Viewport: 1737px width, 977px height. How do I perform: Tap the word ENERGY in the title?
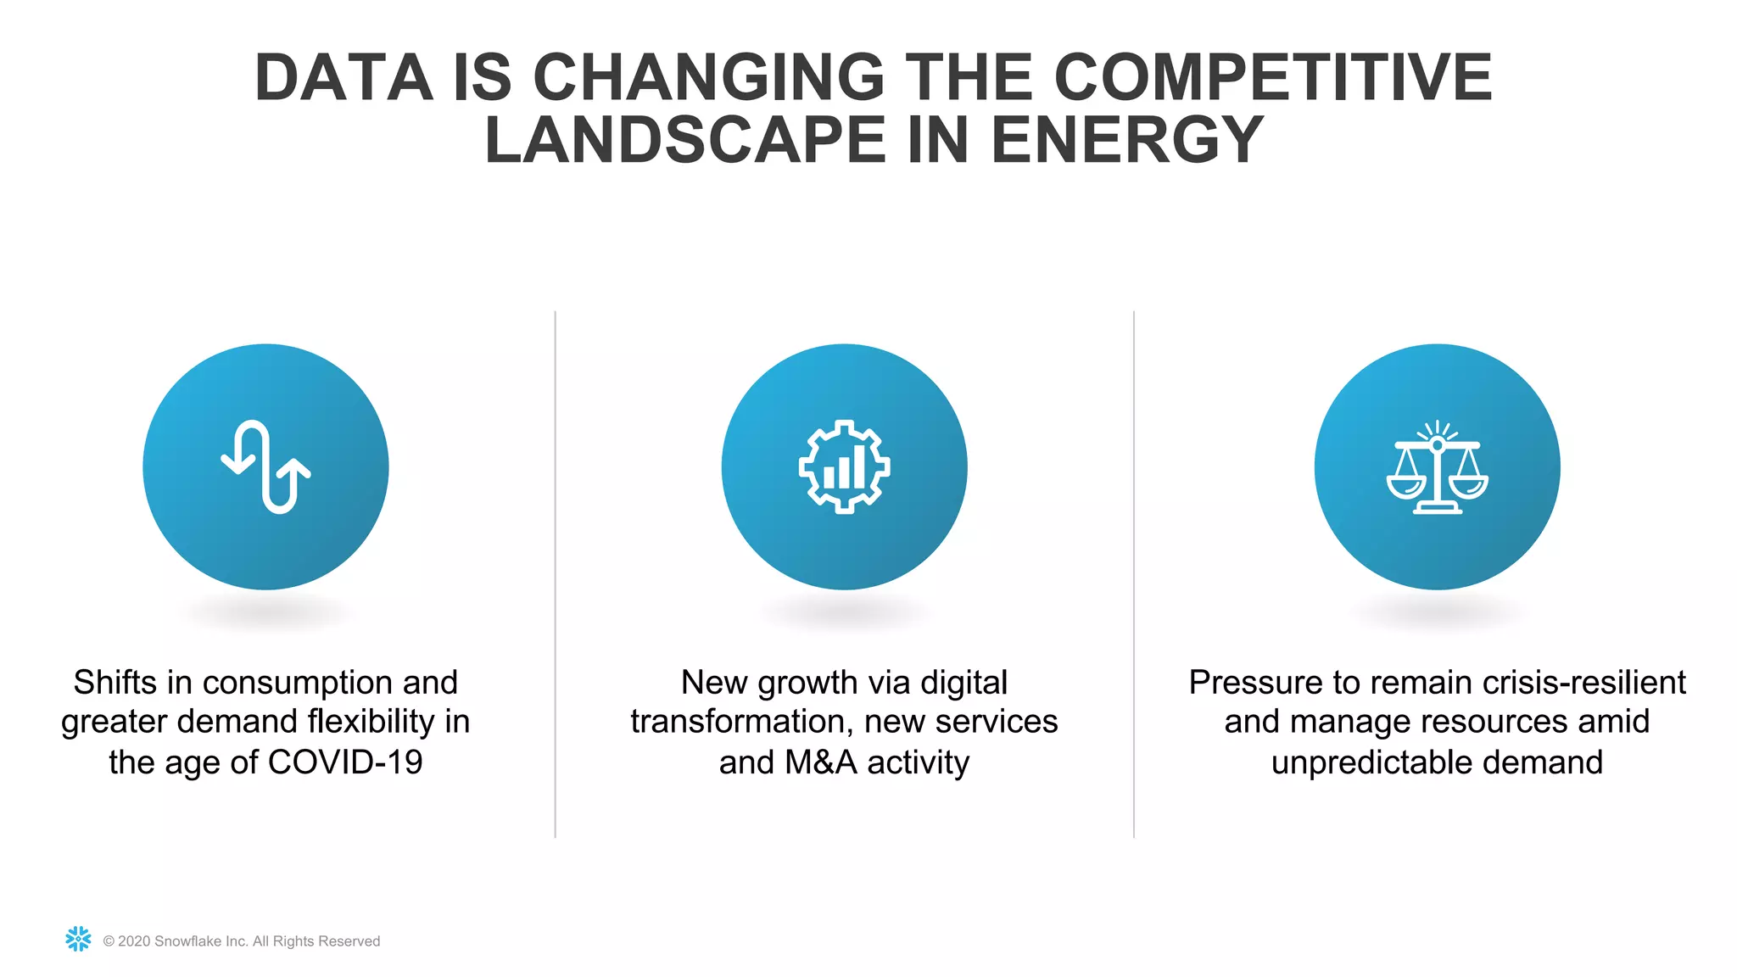point(1127,141)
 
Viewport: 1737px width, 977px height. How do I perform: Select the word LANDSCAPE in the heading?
point(684,141)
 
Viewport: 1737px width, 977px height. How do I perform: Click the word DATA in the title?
point(343,78)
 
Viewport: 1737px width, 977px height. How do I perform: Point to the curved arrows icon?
point(265,467)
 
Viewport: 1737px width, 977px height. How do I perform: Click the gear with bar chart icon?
point(844,467)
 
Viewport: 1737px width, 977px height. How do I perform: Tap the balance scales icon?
point(1437,467)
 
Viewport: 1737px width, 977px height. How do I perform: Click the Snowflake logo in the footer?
point(78,939)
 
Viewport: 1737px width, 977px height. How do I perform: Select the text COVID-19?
point(345,762)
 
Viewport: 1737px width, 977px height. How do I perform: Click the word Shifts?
point(115,683)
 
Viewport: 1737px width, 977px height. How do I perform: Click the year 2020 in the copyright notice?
point(134,941)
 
